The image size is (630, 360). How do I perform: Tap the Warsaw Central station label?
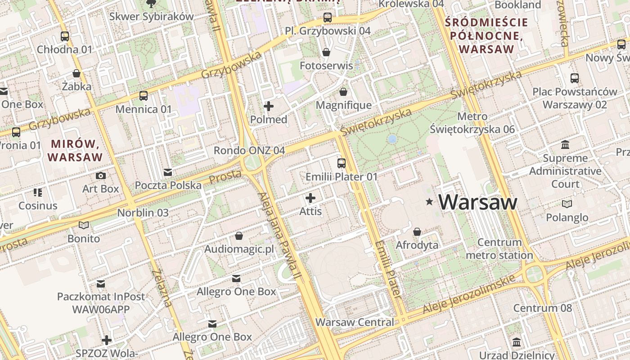point(355,322)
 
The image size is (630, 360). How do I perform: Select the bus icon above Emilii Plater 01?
point(342,163)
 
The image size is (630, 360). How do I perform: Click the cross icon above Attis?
point(310,198)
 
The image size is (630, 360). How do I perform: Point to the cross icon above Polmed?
point(269,106)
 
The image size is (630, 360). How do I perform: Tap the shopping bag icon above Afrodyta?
point(417,232)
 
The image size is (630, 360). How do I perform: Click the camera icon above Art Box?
point(101,175)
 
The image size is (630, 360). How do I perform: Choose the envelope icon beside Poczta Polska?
point(168,172)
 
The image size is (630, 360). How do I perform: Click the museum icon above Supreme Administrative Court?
point(565,145)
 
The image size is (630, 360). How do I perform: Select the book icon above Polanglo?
point(567,204)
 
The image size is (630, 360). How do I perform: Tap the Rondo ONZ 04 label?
point(249,150)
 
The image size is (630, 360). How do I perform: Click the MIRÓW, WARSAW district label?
point(75,150)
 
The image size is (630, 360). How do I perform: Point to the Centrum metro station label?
point(499,249)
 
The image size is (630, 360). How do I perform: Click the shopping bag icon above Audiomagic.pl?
point(239,236)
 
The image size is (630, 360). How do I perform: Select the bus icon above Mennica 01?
point(144,95)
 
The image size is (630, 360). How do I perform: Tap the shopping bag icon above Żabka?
point(76,73)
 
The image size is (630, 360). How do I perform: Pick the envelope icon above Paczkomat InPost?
point(101,284)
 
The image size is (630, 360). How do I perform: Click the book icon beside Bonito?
point(84,225)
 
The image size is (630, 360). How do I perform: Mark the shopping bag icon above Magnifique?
point(344,92)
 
